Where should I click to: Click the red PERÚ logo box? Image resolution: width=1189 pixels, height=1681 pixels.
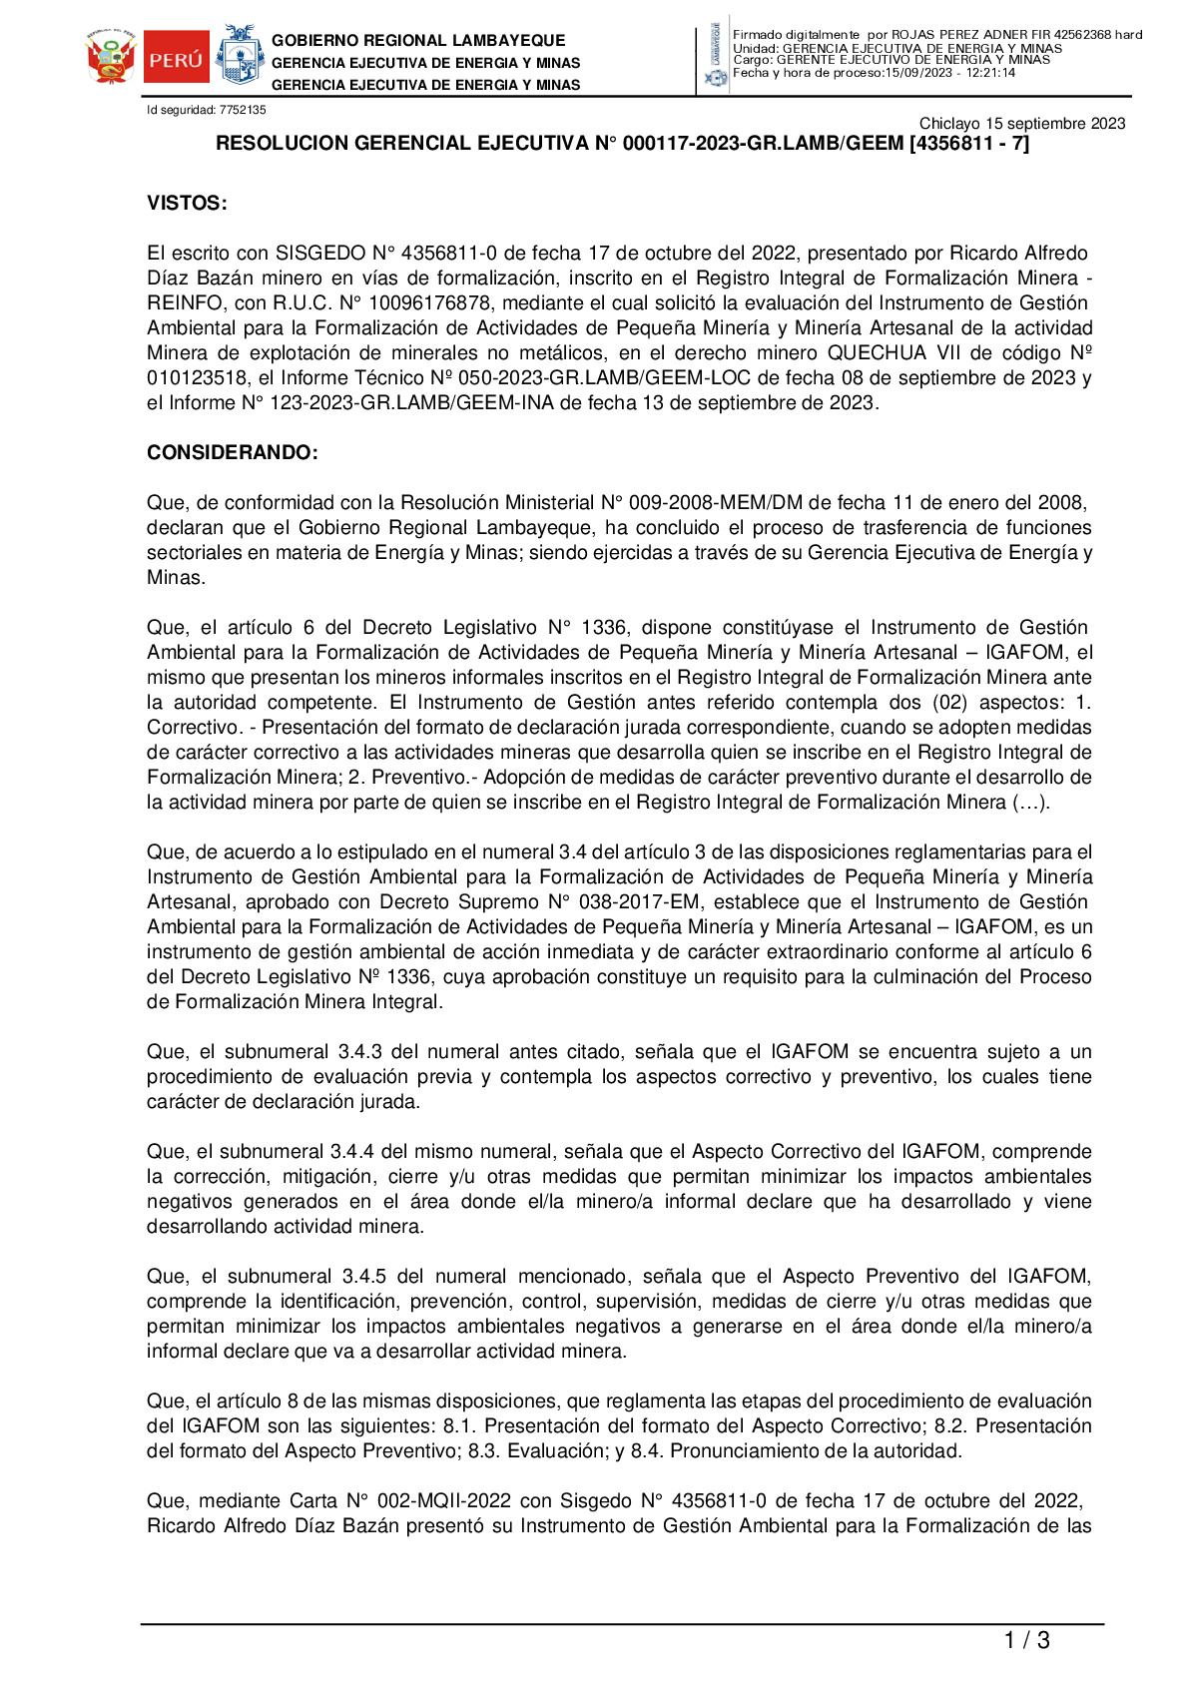(176, 58)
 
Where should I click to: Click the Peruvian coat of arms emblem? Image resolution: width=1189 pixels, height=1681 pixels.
(111, 58)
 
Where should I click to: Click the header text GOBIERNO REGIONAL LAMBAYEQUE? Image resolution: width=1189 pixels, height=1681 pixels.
(418, 41)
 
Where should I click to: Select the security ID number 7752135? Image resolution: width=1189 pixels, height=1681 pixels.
(243, 110)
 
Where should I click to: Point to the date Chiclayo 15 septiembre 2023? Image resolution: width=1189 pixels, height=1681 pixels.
(1021, 124)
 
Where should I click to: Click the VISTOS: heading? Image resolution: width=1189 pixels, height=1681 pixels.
(187, 204)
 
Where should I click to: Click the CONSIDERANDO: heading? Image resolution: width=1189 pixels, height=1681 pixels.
(233, 453)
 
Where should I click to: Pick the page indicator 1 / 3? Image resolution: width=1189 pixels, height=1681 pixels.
(1026, 1640)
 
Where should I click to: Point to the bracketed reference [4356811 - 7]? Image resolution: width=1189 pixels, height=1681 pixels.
(969, 144)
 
